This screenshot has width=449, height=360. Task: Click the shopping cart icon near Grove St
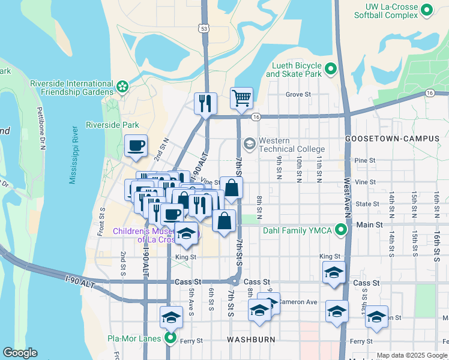[241, 97]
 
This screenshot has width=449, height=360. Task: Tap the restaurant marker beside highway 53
[205, 103]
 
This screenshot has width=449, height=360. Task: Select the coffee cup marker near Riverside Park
[136, 145]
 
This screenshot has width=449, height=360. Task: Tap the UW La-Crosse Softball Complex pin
[427, 10]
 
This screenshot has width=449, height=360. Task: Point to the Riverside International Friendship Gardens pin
[122, 86]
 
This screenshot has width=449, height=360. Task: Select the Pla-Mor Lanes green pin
[170, 338]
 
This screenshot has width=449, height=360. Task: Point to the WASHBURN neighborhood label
[251, 340]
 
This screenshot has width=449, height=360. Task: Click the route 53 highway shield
[205, 28]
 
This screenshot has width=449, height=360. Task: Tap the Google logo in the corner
[20, 353]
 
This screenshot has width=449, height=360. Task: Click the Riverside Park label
[112, 125]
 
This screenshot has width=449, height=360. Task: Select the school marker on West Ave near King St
[334, 273]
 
